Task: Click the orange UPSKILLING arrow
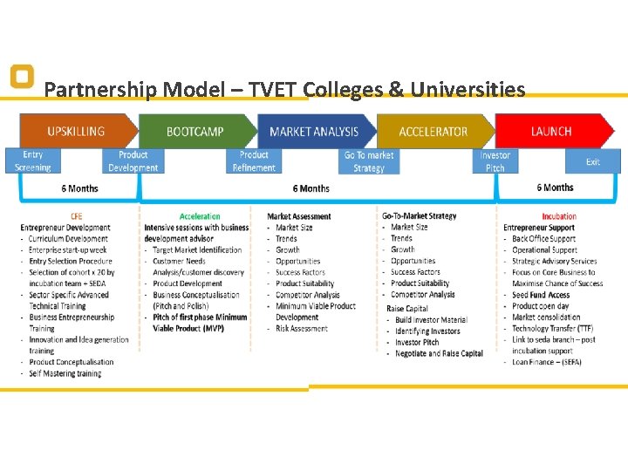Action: [x=77, y=132]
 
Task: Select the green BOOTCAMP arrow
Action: [x=195, y=132]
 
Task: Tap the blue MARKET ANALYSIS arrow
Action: [x=314, y=132]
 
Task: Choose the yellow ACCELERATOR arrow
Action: [x=433, y=132]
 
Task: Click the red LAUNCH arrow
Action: [x=551, y=132]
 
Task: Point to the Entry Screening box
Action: [x=33, y=161]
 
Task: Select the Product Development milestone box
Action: [x=133, y=161]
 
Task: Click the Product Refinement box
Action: [x=254, y=161]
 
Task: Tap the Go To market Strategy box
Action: [x=369, y=161]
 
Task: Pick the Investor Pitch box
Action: [x=495, y=161]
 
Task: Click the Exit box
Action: [x=593, y=161]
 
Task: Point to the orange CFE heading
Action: [x=77, y=216]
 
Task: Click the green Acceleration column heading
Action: [x=200, y=216]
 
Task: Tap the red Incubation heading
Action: [x=559, y=216]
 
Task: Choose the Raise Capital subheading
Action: [x=407, y=308]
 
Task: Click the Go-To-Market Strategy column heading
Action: [x=419, y=215]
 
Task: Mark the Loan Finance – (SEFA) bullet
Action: [x=547, y=362]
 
